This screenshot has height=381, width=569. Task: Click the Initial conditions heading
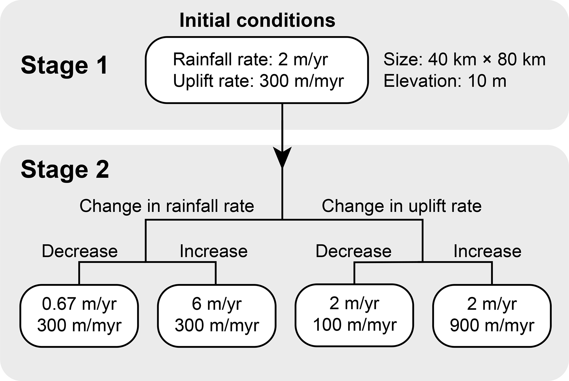(x=257, y=20)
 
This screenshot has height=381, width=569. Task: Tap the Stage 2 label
(x=65, y=170)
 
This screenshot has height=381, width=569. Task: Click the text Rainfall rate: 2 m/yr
(x=250, y=60)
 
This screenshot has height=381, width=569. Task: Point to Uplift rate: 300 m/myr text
(x=258, y=81)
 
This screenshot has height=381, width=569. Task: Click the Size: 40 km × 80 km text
(x=464, y=60)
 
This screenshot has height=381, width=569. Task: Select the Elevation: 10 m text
(x=445, y=81)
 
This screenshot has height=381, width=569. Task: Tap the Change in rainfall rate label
(x=167, y=206)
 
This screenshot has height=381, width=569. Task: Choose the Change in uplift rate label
(x=402, y=206)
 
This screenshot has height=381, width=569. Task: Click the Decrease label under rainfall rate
(x=80, y=251)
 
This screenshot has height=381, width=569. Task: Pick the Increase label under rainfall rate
(x=214, y=251)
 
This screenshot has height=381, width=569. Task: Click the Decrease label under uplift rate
(x=353, y=251)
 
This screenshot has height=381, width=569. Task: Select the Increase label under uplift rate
(x=488, y=251)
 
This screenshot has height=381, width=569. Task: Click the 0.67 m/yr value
(x=79, y=304)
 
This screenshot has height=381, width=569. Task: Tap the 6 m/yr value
(x=217, y=304)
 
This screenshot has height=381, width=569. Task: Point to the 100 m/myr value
(x=355, y=325)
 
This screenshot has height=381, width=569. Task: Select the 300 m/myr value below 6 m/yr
(x=217, y=325)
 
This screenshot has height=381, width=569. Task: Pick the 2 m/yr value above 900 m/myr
(x=492, y=304)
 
